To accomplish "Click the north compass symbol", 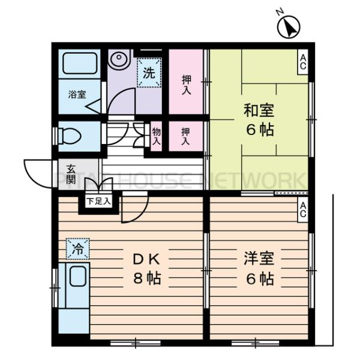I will click(x=289, y=26).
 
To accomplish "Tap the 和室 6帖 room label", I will click(x=259, y=119).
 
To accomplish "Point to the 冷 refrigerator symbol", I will click(x=77, y=247).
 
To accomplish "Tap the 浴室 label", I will click(x=76, y=94).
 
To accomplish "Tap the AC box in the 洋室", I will click(x=303, y=210).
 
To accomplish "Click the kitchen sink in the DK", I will click(x=77, y=277).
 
